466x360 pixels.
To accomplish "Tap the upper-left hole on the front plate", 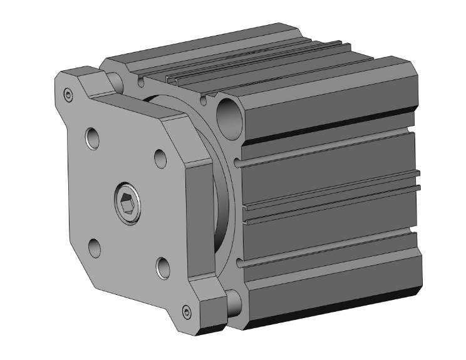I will pos(93,138).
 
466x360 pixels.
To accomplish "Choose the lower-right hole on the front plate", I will pos(163,267).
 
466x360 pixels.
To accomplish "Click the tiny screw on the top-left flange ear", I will pos(68,95).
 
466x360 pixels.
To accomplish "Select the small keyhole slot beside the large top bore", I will pos(204,100).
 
